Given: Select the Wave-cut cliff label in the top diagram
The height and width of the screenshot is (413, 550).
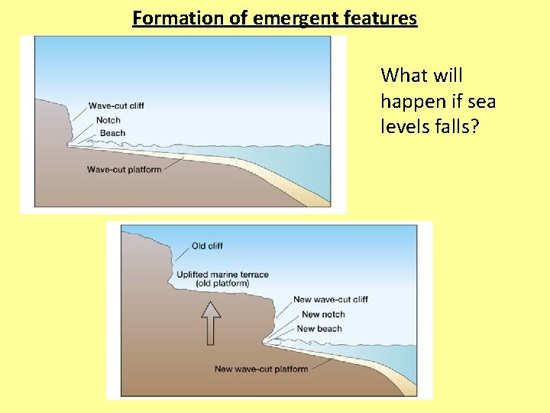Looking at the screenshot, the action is click(x=116, y=106).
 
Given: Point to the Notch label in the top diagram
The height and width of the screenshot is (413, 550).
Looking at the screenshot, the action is click(x=108, y=119).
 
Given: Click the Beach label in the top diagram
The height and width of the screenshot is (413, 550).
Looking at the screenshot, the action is click(x=112, y=133).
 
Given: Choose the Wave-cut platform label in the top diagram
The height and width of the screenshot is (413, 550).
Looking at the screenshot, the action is click(x=125, y=169).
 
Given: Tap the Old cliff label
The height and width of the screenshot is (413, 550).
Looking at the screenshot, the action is click(x=207, y=246).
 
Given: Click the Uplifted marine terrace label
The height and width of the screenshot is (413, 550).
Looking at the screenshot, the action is click(x=222, y=275).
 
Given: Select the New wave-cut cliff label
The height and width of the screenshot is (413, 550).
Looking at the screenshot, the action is click(x=331, y=299).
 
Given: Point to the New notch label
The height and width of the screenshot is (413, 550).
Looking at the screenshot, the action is click(x=323, y=314).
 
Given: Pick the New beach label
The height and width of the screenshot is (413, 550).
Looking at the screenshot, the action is click(x=319, y=329).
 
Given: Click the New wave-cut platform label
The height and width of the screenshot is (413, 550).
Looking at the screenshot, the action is click(x=260, y=369).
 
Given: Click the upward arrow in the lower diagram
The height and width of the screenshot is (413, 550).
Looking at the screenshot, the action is click(x=212, y=322).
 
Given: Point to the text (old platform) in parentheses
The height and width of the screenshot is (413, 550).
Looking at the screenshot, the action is click(x=222, y=284).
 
